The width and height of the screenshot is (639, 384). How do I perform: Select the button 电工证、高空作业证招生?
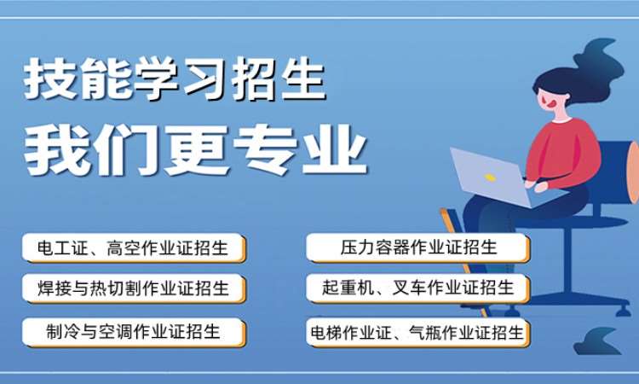[134, 248]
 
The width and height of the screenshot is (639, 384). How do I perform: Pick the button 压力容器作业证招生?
[418, 248]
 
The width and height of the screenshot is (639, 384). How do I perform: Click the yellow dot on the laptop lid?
[490, 177]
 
